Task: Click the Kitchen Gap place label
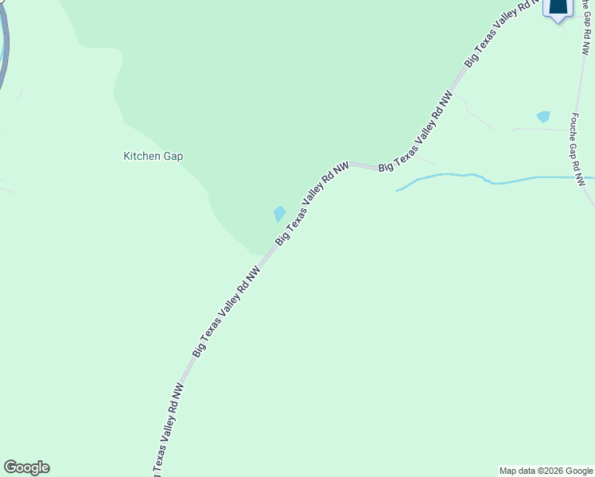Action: [153, 157]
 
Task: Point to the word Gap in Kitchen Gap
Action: [173, 157]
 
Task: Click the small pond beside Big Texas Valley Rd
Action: [279, 214]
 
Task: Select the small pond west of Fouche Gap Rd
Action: [543, 117]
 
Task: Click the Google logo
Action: [26, 467]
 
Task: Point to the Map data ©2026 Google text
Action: [545, 471]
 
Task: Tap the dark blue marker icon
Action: [558, 8]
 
